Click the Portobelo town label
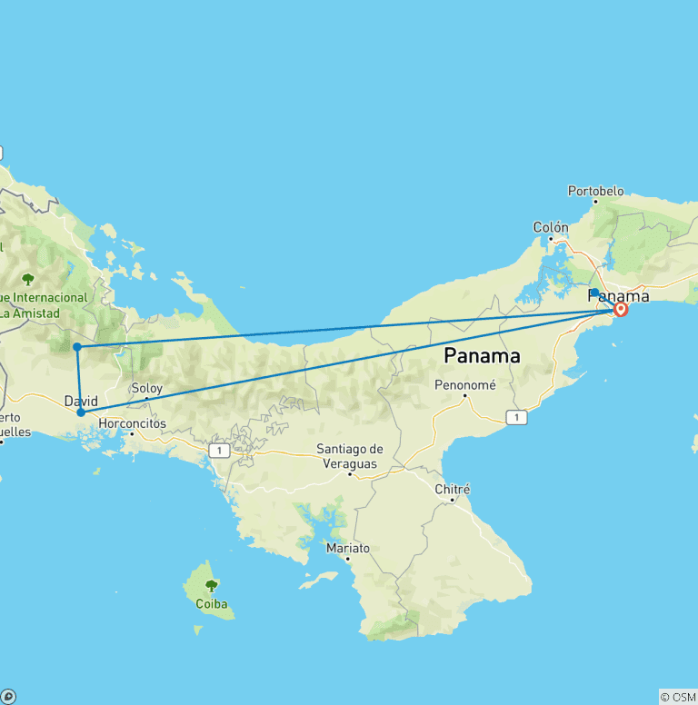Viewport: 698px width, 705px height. (x=595, y=191)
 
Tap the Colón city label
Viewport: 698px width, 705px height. (x=551, y=227)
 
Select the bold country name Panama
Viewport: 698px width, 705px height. (x=482, y=355)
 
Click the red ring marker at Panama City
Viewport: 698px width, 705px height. (x=621, y=309)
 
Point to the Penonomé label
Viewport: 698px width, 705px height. (x=466, y=384)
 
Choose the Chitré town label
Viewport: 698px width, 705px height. (x=453, y=489)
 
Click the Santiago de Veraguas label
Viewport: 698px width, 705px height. (x=350, y=455)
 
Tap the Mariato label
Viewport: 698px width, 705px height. (x=348, y=548)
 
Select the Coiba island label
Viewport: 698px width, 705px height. (x=211, y=602)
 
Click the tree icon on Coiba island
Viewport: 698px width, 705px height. (x=211, y=585)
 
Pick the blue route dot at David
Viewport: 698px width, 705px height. (x=81, y=412)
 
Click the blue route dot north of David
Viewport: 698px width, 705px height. (x=77, y=346)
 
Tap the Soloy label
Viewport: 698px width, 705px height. (x=146, y=388)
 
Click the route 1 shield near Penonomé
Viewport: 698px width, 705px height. (x=516, y=417)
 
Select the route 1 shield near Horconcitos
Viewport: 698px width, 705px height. (x=218, y=450)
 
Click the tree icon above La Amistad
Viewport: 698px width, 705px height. (x=29, y=279)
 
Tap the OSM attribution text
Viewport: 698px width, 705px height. (x=677, y=697)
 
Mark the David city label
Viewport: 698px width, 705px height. (x=81, y=401)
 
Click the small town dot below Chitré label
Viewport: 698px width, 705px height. (x=452, y=501)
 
